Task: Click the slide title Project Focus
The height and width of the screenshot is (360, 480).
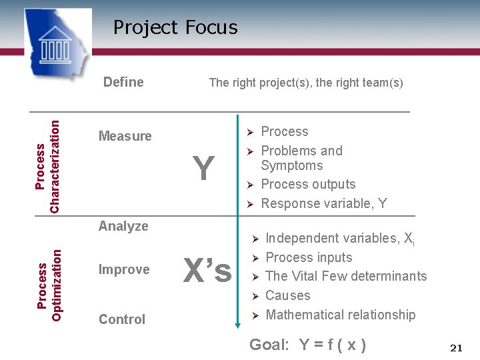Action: pyautogui.click(x=175, y=27)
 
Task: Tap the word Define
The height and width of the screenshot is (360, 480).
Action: pyautogui.click(x=123, y=82)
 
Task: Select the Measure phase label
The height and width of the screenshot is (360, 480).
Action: pyautogui.click(x=125, y=136)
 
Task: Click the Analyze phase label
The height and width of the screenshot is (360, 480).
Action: pyautogui.click(x=123, y=226)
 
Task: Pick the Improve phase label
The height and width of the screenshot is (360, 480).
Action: pyautogui.click(x=124, y=269)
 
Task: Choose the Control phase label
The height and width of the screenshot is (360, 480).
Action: pyautogui.click(x=122, y=319)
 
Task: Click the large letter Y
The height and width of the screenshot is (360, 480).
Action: pyautogui.click(x=203, y=168)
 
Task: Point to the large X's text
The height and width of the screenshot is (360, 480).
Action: pyautogui.click(x=207, y=271)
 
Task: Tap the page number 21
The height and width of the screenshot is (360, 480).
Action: pyautogui.click(x=457, y=348)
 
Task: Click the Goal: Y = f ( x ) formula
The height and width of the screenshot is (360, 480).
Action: pyautogui.click(x=307, y=345)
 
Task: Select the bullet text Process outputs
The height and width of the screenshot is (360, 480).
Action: pyautogui.click(x=308, y=184)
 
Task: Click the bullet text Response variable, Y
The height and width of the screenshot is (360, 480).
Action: pyautogui.click(x=324, y=203)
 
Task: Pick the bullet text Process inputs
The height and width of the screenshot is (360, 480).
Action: pyautogui.click(x=309, y=257)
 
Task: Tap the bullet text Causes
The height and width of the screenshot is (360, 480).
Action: pyautogui.click(x=287, y=295)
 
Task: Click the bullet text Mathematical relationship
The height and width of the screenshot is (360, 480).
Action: pyautogui.click(x=340, y=315)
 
